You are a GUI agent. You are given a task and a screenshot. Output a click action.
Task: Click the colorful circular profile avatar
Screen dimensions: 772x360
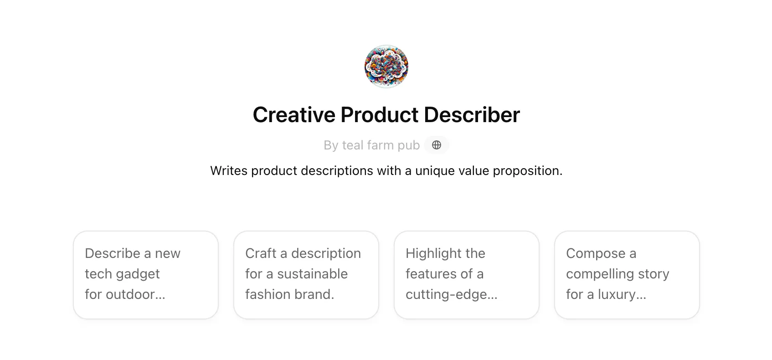pyautogui.click(x=386, y=66)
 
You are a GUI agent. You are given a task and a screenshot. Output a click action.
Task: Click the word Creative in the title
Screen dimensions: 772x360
pyautogui.click(x=294, y=114)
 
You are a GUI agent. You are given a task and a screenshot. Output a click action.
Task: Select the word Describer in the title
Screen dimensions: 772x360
pyautogui.click(x=472, y=114)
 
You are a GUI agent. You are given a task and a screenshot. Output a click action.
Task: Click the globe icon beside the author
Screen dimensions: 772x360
pyautogui.click(x=436, y=145)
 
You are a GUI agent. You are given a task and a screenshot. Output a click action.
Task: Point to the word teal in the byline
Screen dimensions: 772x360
pyautogui.click(x=353, y=145)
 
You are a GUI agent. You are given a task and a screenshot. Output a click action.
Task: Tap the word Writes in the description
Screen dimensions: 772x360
pyautogui.click(x=229, y=170)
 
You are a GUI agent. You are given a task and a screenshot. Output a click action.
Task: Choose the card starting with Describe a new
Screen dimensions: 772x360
pyautogui.click(x=146, y=275)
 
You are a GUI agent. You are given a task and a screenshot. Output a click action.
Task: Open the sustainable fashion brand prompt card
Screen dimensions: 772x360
pyautogui.click(x=306, y=275)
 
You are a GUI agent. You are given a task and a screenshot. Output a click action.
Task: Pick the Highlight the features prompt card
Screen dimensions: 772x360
pyautogui.click(x=467, y=275)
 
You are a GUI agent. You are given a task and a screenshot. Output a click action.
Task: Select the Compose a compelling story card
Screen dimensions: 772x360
pyautogui.click(x=627, y=275)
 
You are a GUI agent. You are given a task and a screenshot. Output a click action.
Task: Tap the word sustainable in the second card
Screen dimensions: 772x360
pyautogui.click(x=313, y=274)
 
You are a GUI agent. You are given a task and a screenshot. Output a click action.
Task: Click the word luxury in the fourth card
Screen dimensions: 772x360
pyautogui.click(x=622, y=295)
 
